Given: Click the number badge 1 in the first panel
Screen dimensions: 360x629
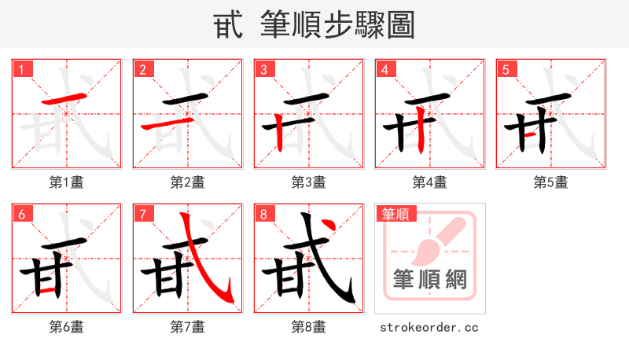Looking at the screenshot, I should click(x=21, y=69).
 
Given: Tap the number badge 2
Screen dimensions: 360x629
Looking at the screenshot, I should click(x=142, y=69).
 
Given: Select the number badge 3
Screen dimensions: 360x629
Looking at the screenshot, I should click(x=263, y=69).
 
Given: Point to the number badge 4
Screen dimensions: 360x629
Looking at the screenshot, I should click(x=384, y=69).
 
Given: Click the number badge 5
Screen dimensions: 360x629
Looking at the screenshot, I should click(x=506, y=69).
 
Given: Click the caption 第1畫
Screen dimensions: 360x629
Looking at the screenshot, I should click(x=67, y=182).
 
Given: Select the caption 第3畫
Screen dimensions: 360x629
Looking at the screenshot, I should click(x=309, y=182).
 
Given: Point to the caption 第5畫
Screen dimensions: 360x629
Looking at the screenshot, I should click(x=551, y=182).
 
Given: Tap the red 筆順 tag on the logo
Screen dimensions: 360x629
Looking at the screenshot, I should click(x=396, y=214).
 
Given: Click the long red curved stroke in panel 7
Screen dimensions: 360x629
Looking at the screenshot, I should click(x=203, y=267).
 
